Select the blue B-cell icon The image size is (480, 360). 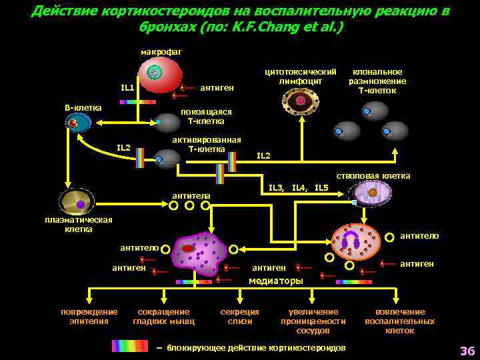[x=78, y=123]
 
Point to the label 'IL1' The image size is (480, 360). [x=127, y=87]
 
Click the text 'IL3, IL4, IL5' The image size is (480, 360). [x=298, y=188]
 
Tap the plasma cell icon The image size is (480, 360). [x=77, y=203]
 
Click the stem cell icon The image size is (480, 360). [x=371, y=194]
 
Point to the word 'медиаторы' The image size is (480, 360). [x=275, y=281]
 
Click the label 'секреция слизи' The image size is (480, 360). [x=240, y=316]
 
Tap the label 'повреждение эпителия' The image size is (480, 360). [x=89, y=316]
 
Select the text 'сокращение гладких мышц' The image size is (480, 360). [x=163, y=316]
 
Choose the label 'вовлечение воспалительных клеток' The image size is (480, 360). [x=399, y=321]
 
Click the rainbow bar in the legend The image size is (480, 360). [x=130, y=345]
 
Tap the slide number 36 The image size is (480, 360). [x=466, y=351]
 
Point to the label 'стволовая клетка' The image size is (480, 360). [x=373, y=176]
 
